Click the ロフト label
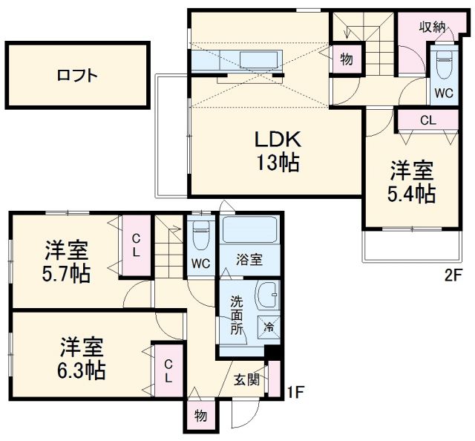[77, 75]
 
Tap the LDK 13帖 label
[278, 151]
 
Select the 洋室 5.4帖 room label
[413, 182]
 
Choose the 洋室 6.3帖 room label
[82, 358]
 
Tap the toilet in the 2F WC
[444, 65]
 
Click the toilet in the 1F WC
[200, 237]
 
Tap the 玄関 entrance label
[246, 380]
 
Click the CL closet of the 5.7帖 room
[136, 244]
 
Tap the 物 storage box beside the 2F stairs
[347, 59]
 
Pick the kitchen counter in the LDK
[237, 59]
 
